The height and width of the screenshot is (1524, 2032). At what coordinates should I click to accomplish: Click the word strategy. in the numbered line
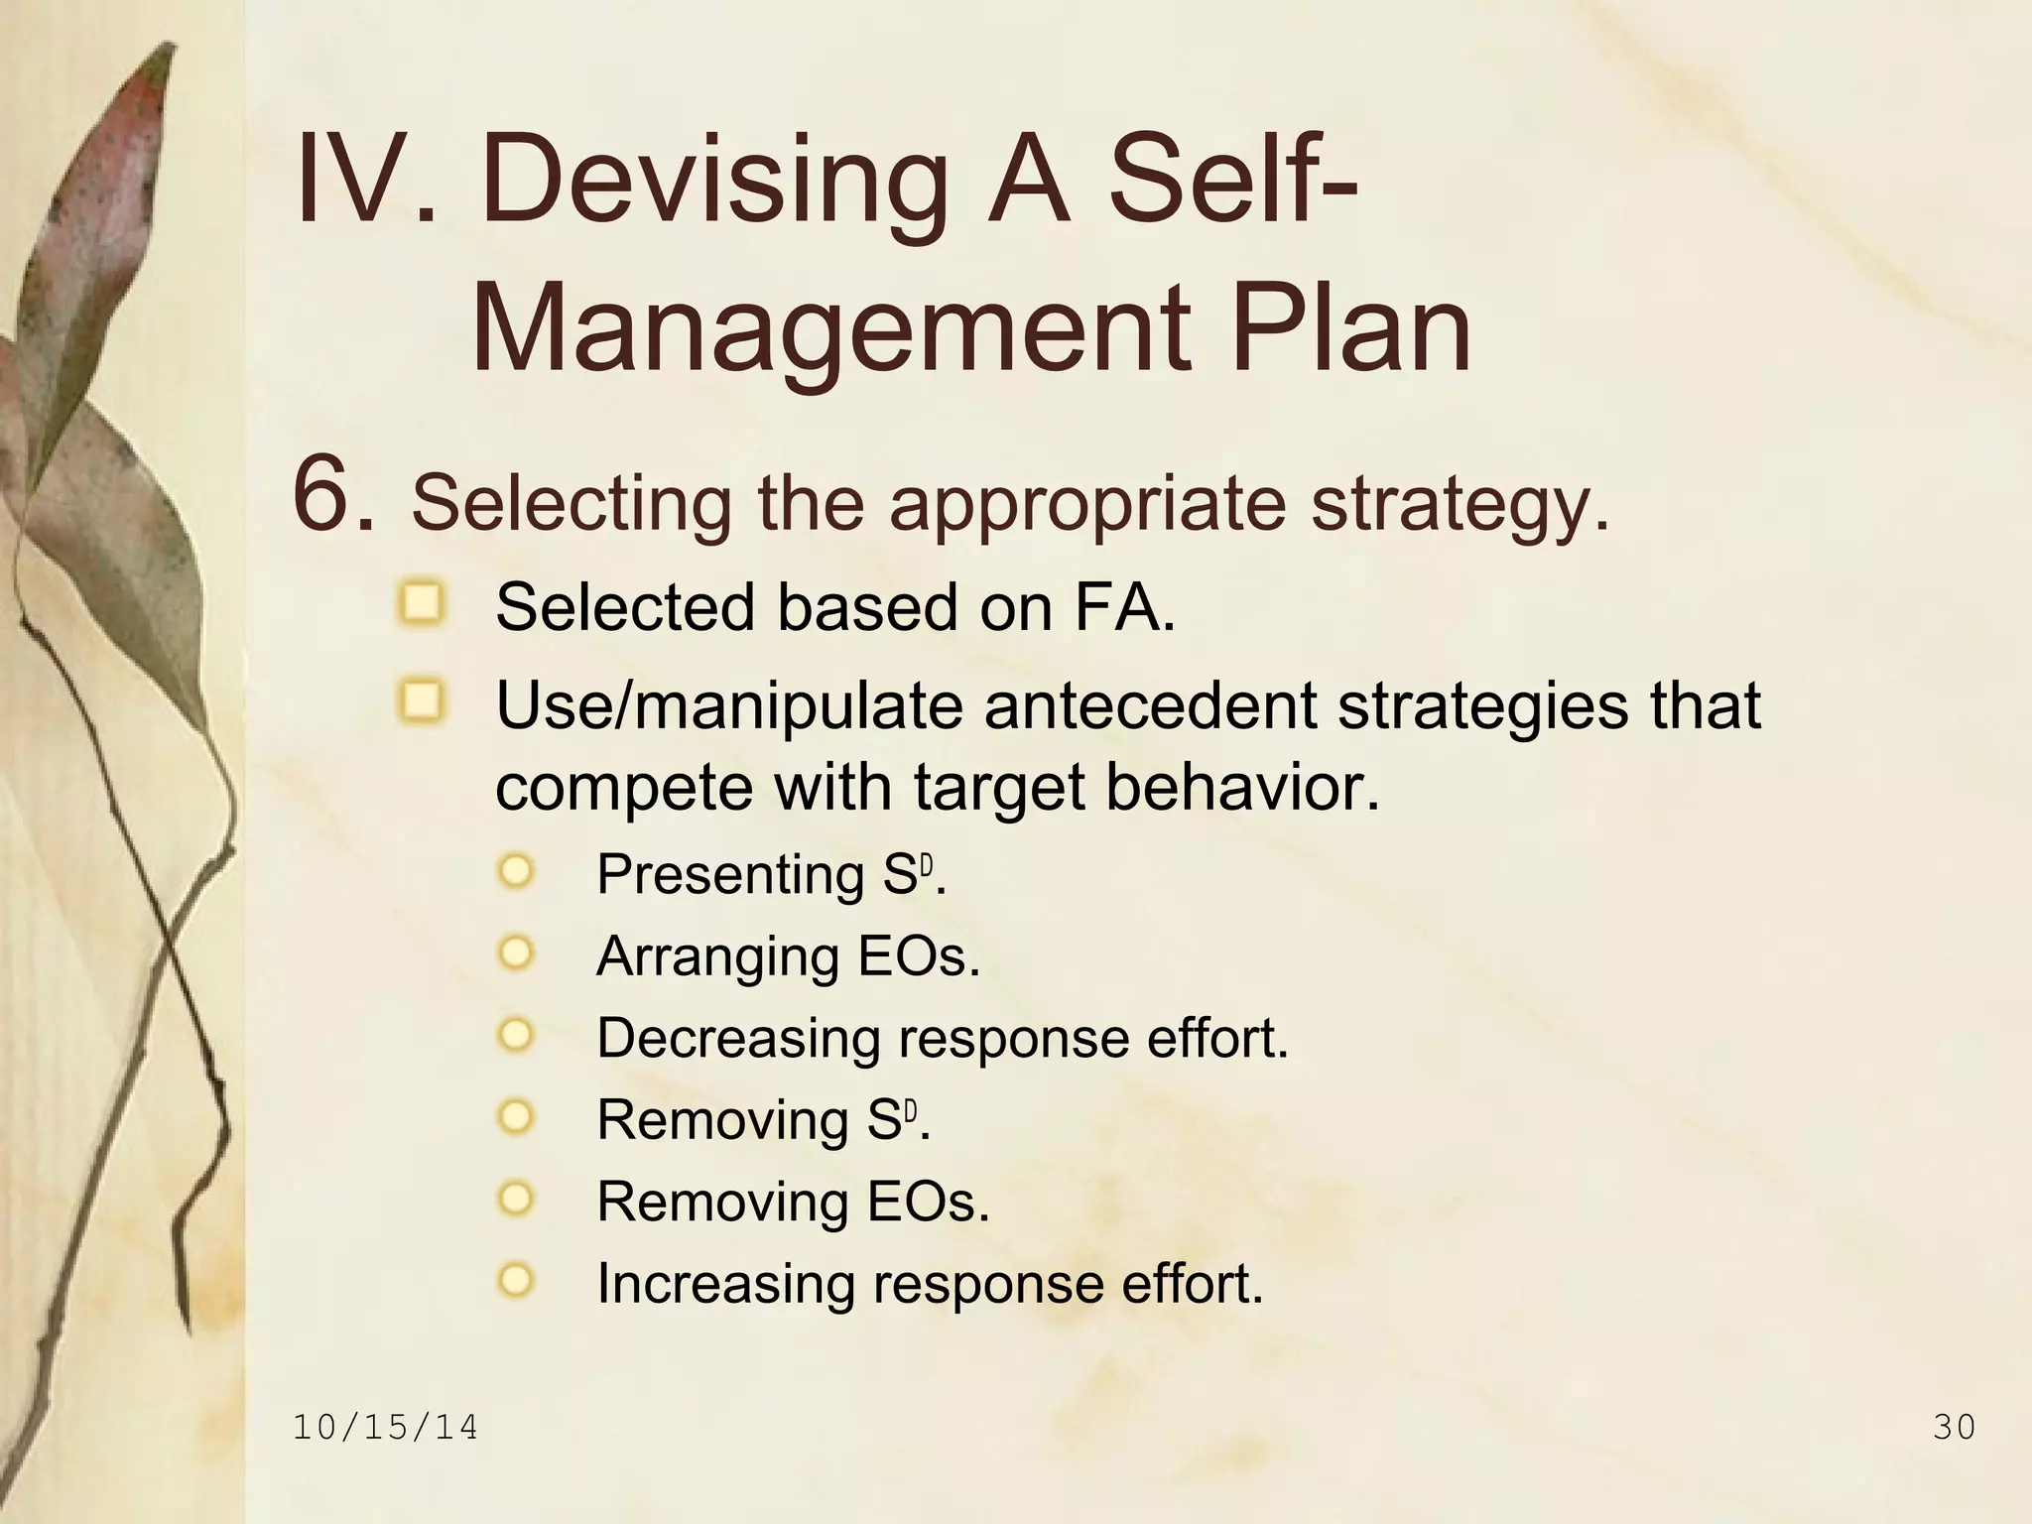[x=1460, y=504]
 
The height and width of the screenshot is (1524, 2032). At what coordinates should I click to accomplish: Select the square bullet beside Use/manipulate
[x=423, y=701]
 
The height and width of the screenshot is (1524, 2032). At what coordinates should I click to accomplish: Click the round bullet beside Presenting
[x=516, y=873]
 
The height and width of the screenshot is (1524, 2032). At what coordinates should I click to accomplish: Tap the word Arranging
[x=719, y=957]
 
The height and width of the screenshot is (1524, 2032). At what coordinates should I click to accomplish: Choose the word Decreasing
[x=738, y=1039]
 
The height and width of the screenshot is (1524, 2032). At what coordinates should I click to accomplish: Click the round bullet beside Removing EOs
[x=516, y=1199]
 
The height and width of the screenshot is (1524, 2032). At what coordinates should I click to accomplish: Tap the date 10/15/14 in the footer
[x=386, y=1428]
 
